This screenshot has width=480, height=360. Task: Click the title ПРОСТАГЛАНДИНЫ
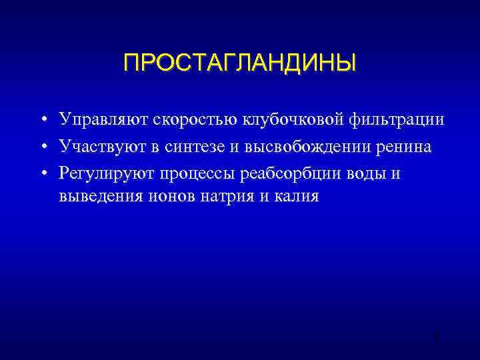coord(239,63)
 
